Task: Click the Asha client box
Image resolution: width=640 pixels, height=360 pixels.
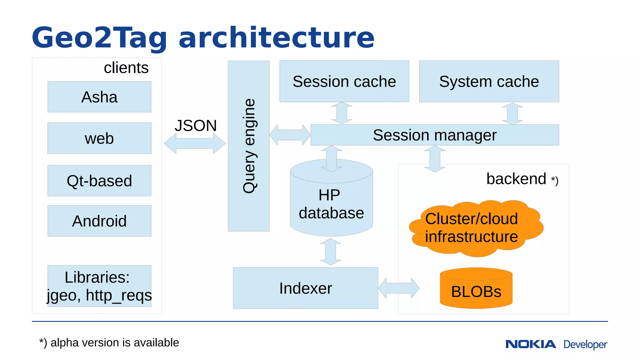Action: coord(99,97)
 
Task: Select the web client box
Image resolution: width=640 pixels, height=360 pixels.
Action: coord(99,138)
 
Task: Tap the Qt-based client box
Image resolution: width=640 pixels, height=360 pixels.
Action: coord(99,181)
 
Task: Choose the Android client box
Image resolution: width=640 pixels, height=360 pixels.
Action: coord(99,221)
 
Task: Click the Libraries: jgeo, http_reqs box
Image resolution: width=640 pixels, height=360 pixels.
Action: coord(99,286)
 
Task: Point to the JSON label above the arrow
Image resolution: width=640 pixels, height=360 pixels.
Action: coord(196,126)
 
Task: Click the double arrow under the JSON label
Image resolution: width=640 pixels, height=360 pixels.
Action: coord(194,143)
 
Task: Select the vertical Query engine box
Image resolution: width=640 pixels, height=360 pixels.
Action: coord(249,146)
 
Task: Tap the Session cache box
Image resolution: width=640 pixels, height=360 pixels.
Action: coord(344,81)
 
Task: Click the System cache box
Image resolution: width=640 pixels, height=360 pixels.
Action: coord(489,81)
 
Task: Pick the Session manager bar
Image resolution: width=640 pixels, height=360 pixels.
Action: coord(434,135)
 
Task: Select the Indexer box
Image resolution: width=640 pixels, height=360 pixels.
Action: coord(305,288)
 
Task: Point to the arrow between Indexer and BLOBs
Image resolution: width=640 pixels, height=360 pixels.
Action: coord(398,288)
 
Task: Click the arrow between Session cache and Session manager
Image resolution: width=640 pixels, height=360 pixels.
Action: coord(342,113)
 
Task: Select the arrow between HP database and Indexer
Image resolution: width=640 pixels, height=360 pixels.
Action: coord(330,252)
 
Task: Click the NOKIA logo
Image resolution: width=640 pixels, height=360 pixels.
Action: coord(531,344)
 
